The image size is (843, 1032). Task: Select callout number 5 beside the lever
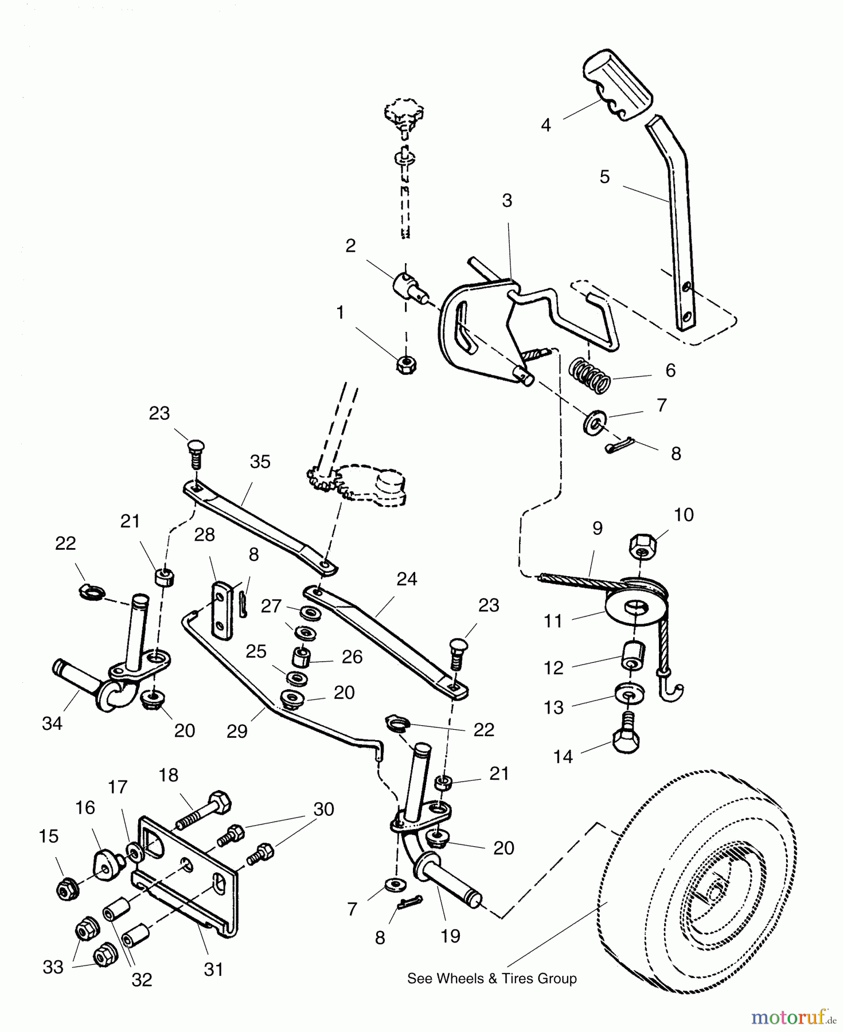[x=604, y=177]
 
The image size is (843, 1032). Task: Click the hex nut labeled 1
[x=406, y=364]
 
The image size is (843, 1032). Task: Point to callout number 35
[x=260, y=462]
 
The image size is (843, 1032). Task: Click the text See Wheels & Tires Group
[x=491, y=979]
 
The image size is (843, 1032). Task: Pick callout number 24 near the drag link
[x=407, y=579]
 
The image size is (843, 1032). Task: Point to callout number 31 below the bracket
[x=213, y=970]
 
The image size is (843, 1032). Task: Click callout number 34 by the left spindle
[x=52, y=724]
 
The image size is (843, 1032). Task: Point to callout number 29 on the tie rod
[x=236, y=731]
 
